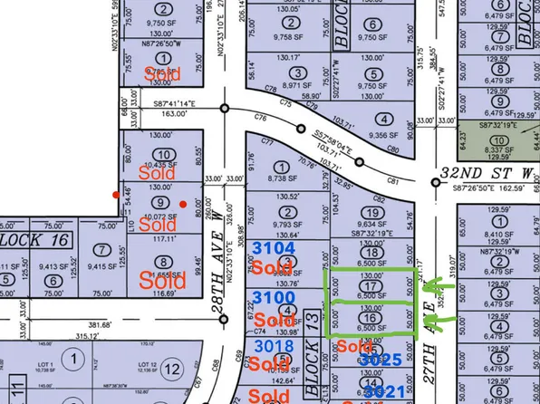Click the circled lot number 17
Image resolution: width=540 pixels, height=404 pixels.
[x=368, y=284]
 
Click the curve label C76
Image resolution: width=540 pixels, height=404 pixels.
[x=263, y=117]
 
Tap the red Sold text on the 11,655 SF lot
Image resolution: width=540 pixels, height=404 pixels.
[x=164, y=280]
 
